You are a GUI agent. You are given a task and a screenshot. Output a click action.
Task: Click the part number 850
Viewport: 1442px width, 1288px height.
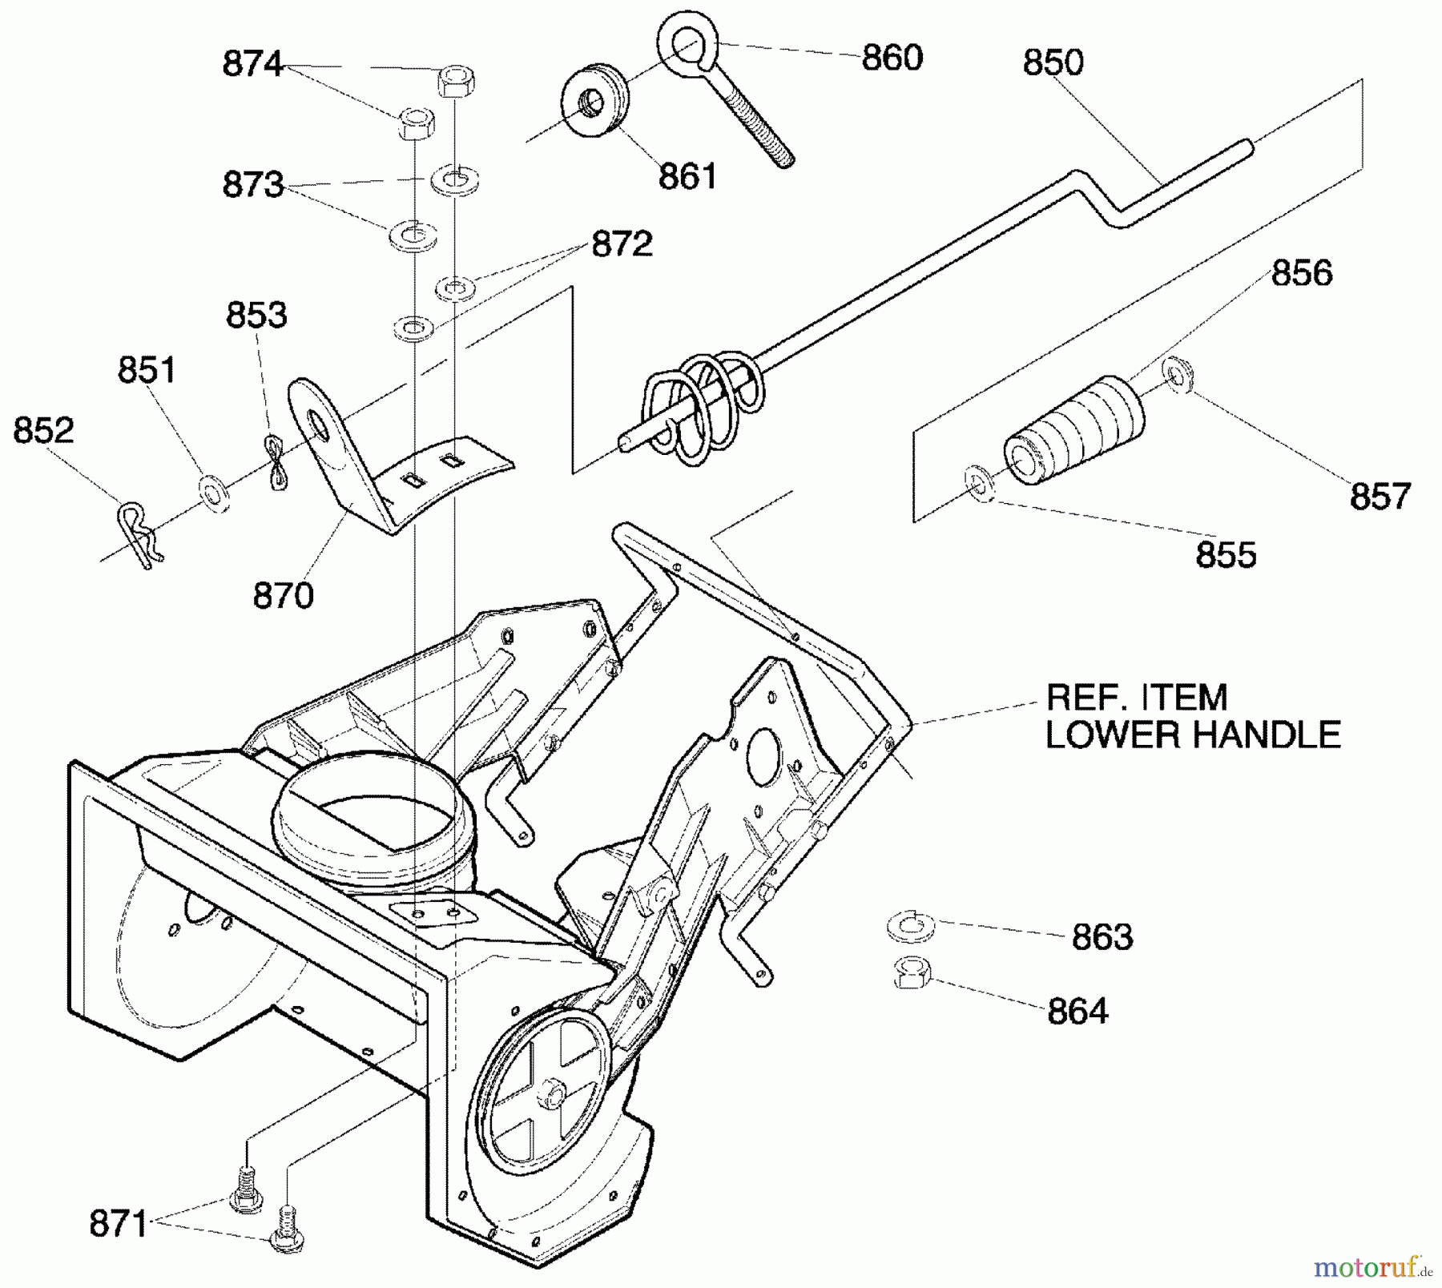(x=1053, y=62)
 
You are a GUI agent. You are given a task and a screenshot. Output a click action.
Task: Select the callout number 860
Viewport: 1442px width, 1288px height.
(x=892, y=58)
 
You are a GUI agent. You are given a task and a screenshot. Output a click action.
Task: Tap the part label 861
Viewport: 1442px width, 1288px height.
(x=687, y=177)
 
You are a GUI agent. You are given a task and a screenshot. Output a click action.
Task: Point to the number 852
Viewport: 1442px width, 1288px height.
(x=43, y=430)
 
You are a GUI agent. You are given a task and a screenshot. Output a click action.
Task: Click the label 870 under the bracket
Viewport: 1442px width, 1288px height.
(x=283, y=596)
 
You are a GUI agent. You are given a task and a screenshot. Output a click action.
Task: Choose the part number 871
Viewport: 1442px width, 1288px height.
(x=118, y=1225)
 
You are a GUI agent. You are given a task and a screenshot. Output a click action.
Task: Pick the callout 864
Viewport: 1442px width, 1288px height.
(x=1077, y=1012)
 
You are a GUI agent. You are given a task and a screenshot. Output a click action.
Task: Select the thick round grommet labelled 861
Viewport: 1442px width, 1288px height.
(x=594, y=102)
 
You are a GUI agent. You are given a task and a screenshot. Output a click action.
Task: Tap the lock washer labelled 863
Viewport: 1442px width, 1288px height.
(x=912, y=927)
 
